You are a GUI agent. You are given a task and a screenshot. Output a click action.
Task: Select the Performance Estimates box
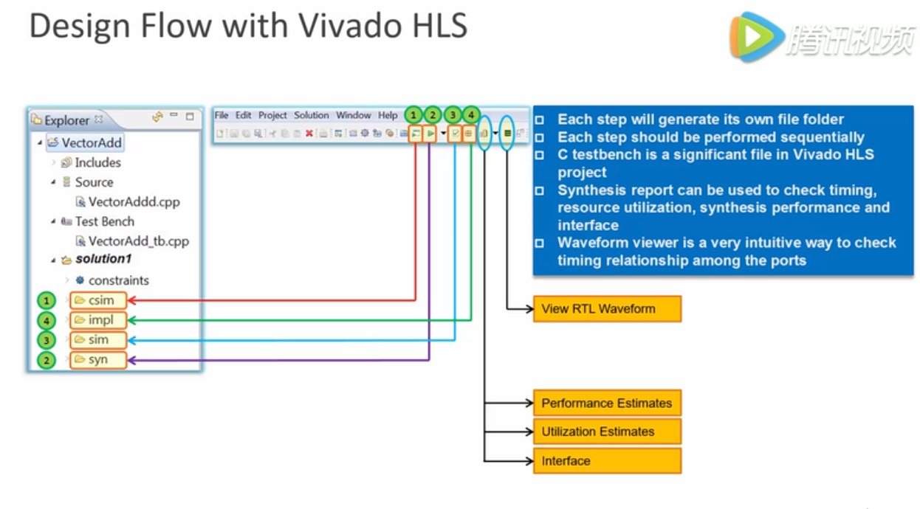606,404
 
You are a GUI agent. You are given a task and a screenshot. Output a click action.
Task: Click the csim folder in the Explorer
98,300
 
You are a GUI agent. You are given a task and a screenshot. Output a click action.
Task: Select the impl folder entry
98,320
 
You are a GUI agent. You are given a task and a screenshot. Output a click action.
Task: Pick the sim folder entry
97,340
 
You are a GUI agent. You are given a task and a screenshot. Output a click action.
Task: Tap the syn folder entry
97,360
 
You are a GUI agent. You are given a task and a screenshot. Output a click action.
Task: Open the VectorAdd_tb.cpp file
138,241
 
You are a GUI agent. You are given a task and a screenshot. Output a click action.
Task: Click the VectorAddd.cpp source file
134,202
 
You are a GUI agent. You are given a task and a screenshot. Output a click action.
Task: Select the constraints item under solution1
118,280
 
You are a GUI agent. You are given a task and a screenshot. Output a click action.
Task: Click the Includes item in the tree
97,163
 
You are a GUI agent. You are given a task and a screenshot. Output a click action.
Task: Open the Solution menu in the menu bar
311,116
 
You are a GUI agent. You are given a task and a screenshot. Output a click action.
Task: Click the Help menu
388,116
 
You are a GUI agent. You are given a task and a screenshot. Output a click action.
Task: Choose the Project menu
272,116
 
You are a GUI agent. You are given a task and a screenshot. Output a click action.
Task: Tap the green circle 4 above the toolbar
470,115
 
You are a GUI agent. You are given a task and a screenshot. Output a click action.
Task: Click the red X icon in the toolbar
309,134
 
